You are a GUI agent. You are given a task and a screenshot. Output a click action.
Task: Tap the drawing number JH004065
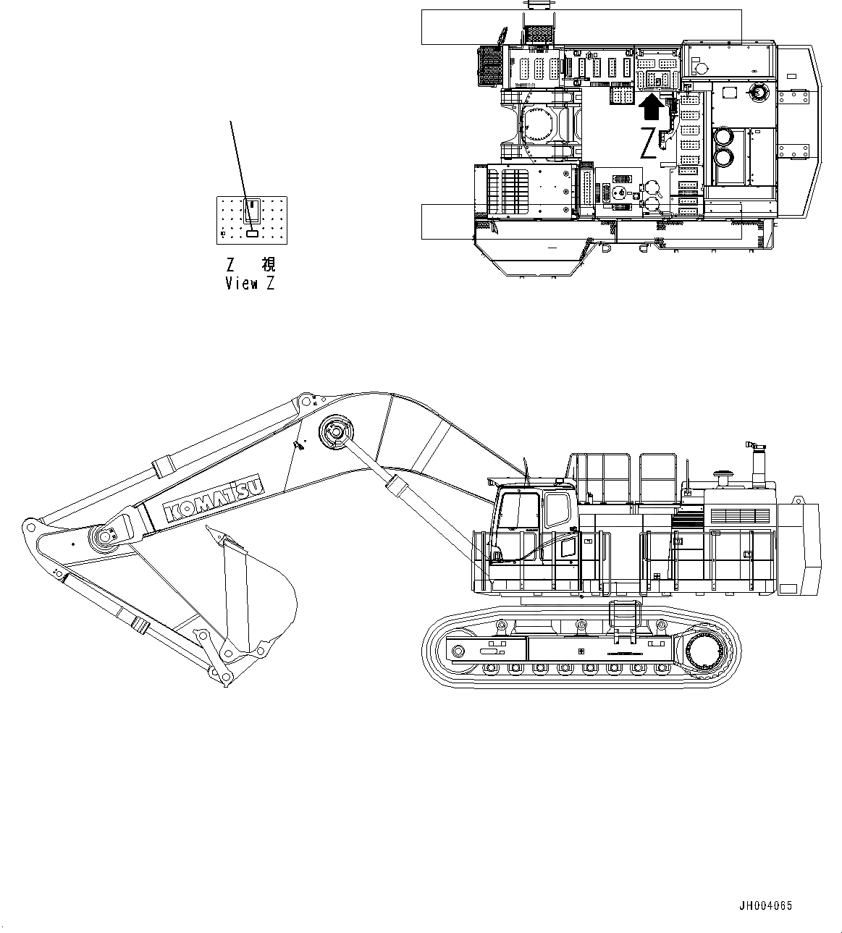(765, 905)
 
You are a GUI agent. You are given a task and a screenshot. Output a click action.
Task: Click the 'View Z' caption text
(250, 284)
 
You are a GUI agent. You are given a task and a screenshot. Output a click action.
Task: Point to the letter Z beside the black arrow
(649, 143)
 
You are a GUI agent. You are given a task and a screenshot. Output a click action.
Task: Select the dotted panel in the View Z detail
(252, 220)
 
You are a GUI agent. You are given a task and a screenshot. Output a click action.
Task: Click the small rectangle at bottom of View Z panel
(252, 234)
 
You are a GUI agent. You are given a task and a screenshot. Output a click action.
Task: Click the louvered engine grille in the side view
(740, 515)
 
